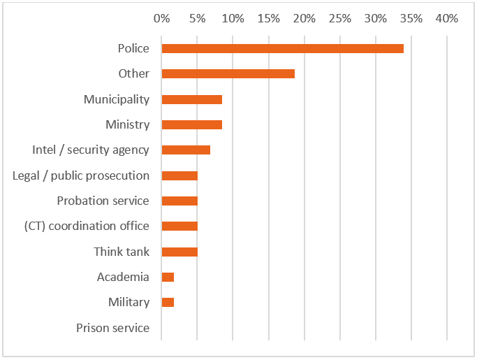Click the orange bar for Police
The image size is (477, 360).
point(282,48)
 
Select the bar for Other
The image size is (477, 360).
point(228,73)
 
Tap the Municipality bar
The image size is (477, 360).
point(191,99)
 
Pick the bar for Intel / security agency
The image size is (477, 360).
point(186,150)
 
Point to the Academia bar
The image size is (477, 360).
point(168,277)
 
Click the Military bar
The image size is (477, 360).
point(168,302)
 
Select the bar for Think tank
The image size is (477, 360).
point(179,252)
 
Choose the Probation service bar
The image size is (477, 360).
point(179,201)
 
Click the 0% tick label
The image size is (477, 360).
point(161,19)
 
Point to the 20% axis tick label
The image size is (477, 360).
point(304,19)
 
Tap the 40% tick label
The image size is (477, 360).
point(446,19)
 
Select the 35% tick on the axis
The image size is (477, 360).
point(411,19)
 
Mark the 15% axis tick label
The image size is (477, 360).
point(268,19)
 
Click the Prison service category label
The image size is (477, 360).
point(112,328)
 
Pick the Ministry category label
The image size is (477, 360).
point(127,124)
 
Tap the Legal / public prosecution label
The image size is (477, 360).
point(81,175)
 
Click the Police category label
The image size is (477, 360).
point(133,48)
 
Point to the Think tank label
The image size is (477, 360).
point(122,252)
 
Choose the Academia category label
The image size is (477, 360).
point(123,277)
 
